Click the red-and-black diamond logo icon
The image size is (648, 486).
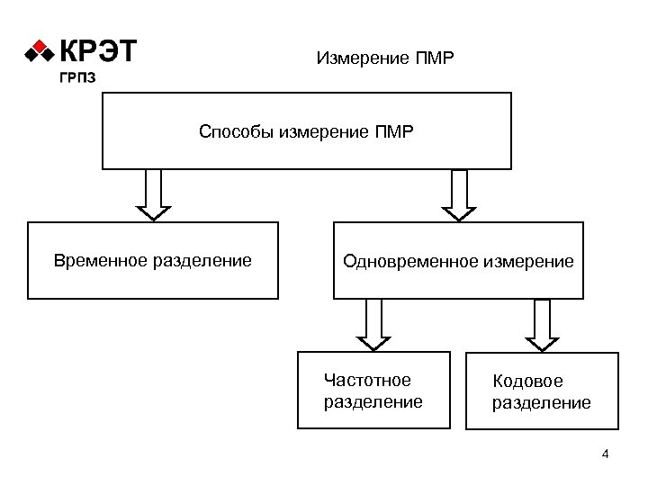point(40,52)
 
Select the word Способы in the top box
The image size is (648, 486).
point(237,133)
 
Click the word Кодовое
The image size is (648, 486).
point(527,382)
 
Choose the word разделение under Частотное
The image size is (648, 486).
point(373,401)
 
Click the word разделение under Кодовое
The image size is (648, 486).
point(541,402)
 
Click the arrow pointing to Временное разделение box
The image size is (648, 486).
point(154,194)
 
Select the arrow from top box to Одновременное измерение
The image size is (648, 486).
point(460,194)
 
